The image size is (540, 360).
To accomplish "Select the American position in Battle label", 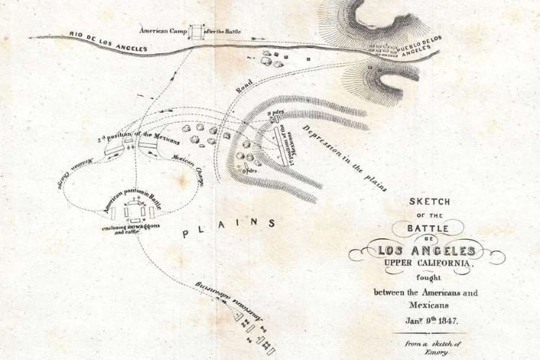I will click(133, 202).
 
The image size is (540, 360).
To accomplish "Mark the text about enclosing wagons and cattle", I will click(130, 230).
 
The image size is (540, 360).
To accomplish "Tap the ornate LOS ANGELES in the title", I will click(428, 251).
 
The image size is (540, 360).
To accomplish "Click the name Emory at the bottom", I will click(431, 353).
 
